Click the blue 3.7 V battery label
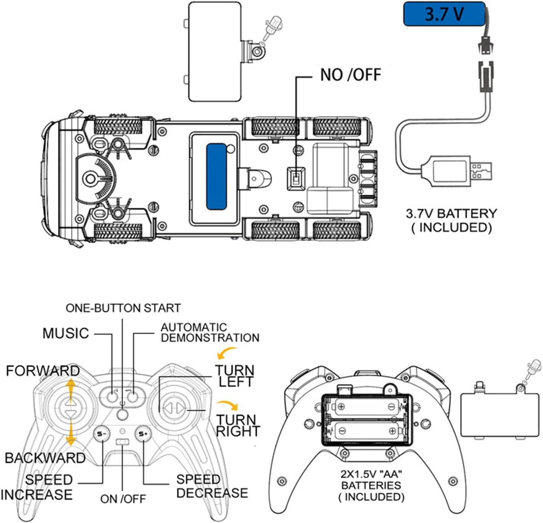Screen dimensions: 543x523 (445, 14)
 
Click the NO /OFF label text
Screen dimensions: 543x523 (351, 75)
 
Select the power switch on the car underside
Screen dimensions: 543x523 (296, 179)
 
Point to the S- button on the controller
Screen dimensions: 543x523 (102, 434)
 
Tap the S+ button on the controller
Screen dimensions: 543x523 (143, 434)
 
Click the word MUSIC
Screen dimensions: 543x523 (66, 333)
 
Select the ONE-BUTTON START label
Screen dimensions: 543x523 (123, 308)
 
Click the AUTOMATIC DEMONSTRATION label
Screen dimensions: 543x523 (210, 333)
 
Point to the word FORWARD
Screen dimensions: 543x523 (43, 371)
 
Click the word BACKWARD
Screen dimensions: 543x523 (45, 458)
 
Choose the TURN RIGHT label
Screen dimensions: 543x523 (238, 425)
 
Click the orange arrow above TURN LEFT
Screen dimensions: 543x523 (226, 352)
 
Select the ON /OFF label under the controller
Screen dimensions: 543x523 (123, 499)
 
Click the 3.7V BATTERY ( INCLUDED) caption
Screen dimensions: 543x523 (451, 221)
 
